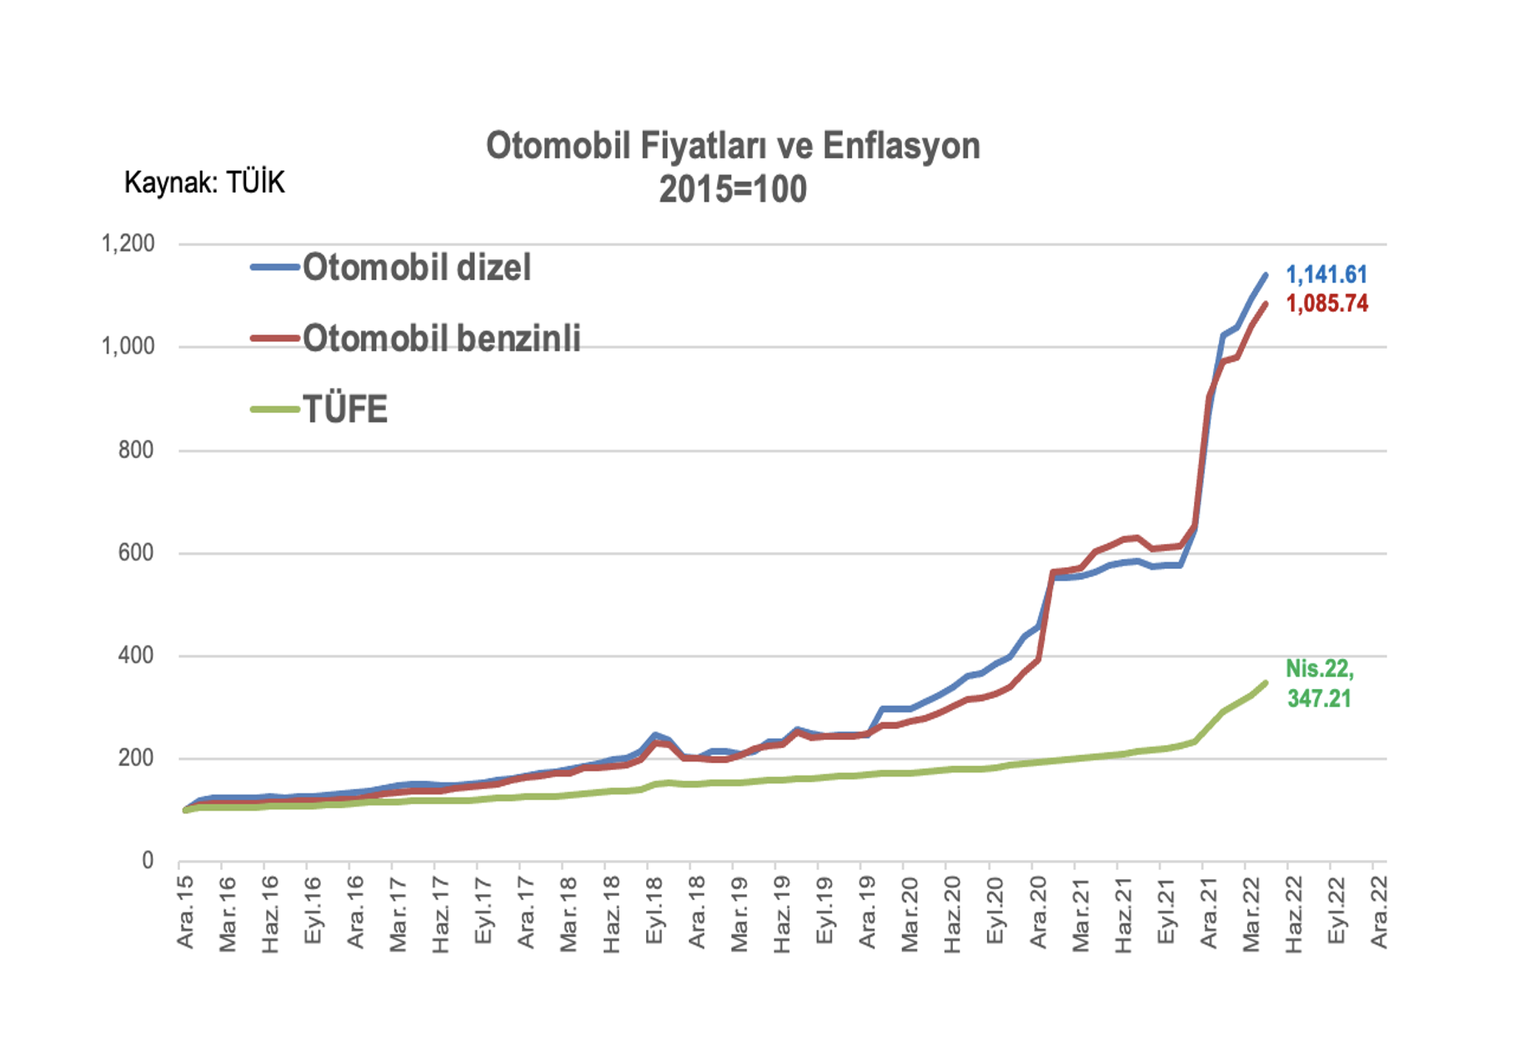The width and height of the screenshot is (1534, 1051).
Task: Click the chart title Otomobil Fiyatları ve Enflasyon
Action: [x=733, y=145]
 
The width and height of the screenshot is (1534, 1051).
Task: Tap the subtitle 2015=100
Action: [x=733, y=189]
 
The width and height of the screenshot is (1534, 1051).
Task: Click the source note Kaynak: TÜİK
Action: [x=204, y=182]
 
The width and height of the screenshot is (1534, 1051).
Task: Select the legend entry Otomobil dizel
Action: [x=391, y=268]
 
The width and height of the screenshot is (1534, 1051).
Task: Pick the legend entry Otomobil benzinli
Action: [x=416, y=338]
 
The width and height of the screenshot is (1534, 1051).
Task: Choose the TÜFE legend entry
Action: [x=319, y=410]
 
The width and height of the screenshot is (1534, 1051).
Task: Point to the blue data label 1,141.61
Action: [x=1326, y=274]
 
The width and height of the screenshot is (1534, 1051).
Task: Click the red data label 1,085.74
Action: [x=1327, y=303]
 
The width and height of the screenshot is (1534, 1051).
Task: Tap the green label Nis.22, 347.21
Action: [x=1320, y=683]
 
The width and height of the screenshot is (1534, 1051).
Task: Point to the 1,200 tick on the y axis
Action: [x=128, y=244]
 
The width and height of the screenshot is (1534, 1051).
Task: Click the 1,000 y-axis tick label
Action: [x=128, y=346]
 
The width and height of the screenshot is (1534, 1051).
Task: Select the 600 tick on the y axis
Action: [x=137, y=552]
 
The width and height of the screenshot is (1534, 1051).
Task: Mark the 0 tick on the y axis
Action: [x=148, y=860]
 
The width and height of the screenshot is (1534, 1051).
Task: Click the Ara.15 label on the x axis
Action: [x=185, y=912]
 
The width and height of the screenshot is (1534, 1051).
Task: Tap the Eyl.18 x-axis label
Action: [x=654, y=910]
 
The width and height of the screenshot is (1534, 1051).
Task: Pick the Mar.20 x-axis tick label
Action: [x=910, y=913]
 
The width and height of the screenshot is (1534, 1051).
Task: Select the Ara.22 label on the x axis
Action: [x=1380, y=912]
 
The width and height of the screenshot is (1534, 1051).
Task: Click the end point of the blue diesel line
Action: [x=1266, y=274]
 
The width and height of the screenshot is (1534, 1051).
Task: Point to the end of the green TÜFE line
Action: [x=1266, y=683]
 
